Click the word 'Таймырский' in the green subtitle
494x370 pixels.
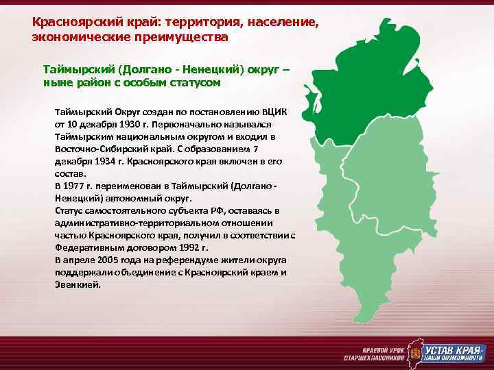[x=78, y=69]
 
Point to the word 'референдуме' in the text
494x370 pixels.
[x=185, y=261]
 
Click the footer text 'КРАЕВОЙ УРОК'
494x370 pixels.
[x=381, y=347]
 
